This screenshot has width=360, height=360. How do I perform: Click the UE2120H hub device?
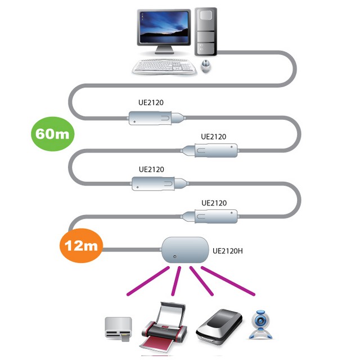pyautogui.click(x=184, y=250)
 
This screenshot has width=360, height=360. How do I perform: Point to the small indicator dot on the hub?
pyautogui.click(x=175, y=257)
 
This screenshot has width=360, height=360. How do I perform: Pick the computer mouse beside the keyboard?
pyautogui.click(x=206, y=67)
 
